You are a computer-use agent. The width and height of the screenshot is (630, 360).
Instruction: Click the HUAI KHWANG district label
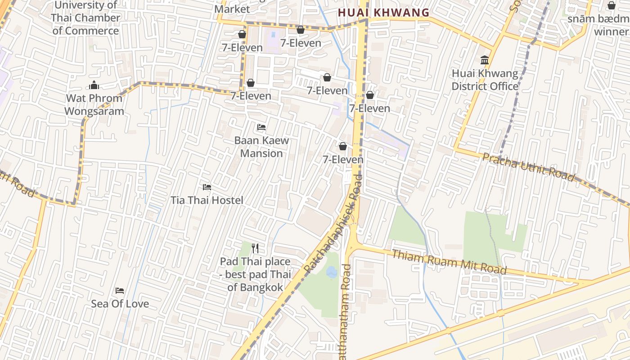click(383, 13)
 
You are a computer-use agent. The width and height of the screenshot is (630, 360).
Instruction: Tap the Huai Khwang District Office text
click(485, 80)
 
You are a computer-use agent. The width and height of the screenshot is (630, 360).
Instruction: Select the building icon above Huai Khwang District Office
click(485, 60)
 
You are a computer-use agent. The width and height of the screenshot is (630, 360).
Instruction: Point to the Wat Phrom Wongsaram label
click(94, 104)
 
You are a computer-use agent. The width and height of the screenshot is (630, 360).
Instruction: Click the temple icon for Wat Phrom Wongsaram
click(94, 85)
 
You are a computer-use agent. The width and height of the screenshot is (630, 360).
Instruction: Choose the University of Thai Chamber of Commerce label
click(85, 18)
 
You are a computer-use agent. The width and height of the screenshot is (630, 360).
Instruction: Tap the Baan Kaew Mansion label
click(261, 147)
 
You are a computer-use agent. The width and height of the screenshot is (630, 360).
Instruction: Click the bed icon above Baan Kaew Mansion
click(261, 127)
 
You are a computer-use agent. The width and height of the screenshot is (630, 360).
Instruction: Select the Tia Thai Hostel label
click(207, 200)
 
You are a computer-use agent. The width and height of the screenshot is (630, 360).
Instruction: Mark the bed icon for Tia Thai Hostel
click(207, 187)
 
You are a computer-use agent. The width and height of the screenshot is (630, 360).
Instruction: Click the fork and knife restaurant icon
click(255, 248)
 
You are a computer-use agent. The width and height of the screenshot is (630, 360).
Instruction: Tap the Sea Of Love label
click(120, 304)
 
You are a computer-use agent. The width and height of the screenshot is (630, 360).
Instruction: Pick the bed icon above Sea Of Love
click(120, 290)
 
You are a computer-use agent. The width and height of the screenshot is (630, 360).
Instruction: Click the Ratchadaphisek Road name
click(333, 223)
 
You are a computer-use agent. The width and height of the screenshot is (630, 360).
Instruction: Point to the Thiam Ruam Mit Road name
click(449, 262)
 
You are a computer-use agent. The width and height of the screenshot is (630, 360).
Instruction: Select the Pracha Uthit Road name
click(528, 167)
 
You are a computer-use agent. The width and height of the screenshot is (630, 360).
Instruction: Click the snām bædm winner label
click(598, 25)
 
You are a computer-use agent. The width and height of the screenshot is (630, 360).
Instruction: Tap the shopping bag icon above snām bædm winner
click(611, 5)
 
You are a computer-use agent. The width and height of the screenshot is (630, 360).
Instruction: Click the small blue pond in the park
click(332, 271)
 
